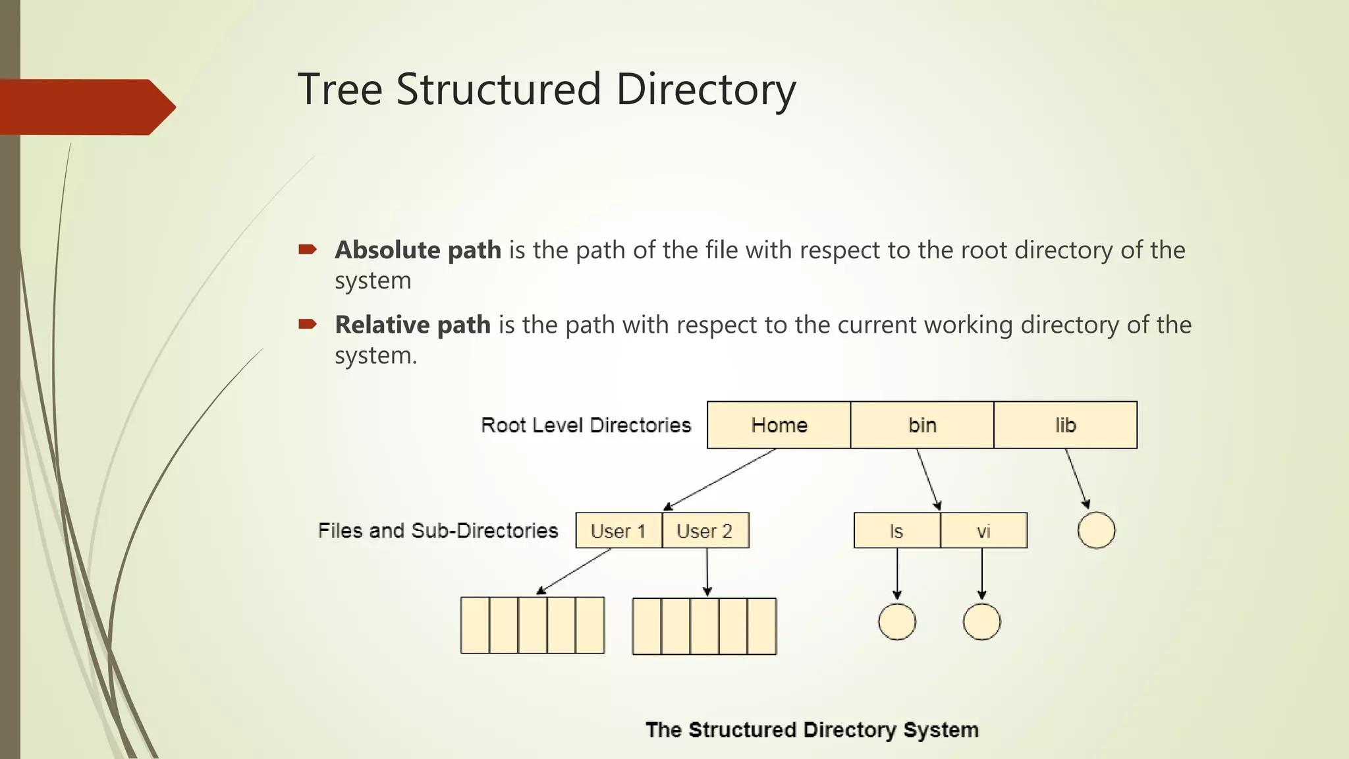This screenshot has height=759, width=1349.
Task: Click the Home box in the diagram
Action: [x=779, y=425]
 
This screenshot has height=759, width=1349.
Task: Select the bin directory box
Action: [x=922, y=425]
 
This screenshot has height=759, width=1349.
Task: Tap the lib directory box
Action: [x=1065, y=425]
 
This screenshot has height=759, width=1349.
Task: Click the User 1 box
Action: [x=618, y=530]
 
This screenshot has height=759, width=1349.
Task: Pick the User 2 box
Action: [x=705, y=530]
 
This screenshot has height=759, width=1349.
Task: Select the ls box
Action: [x=896, y=530]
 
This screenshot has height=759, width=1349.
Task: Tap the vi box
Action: [x=983, y=530]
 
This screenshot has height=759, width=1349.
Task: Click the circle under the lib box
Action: [x=1096, y=530]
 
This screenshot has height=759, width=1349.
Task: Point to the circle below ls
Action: [x=896, y=621]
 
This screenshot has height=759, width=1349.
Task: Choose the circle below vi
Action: [x=981, y=621]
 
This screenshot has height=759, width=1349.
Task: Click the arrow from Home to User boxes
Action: [x=719, y=480]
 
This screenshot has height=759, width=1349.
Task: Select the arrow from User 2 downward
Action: [x=707, y=572]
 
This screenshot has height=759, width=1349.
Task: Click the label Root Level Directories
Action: [x=586, y=425]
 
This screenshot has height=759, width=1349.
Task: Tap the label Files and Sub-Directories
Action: [x=438, y=530]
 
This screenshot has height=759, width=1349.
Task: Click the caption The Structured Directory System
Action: [x=812, y=730]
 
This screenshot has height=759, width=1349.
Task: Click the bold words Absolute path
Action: [x=418, y=250]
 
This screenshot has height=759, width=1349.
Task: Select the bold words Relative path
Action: [x=412, y=325]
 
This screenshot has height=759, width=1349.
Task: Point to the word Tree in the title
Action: [x=340, y=90]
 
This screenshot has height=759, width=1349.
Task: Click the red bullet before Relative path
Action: [x=308, y=323]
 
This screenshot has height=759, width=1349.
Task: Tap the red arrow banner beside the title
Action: [x=86, y=107]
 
